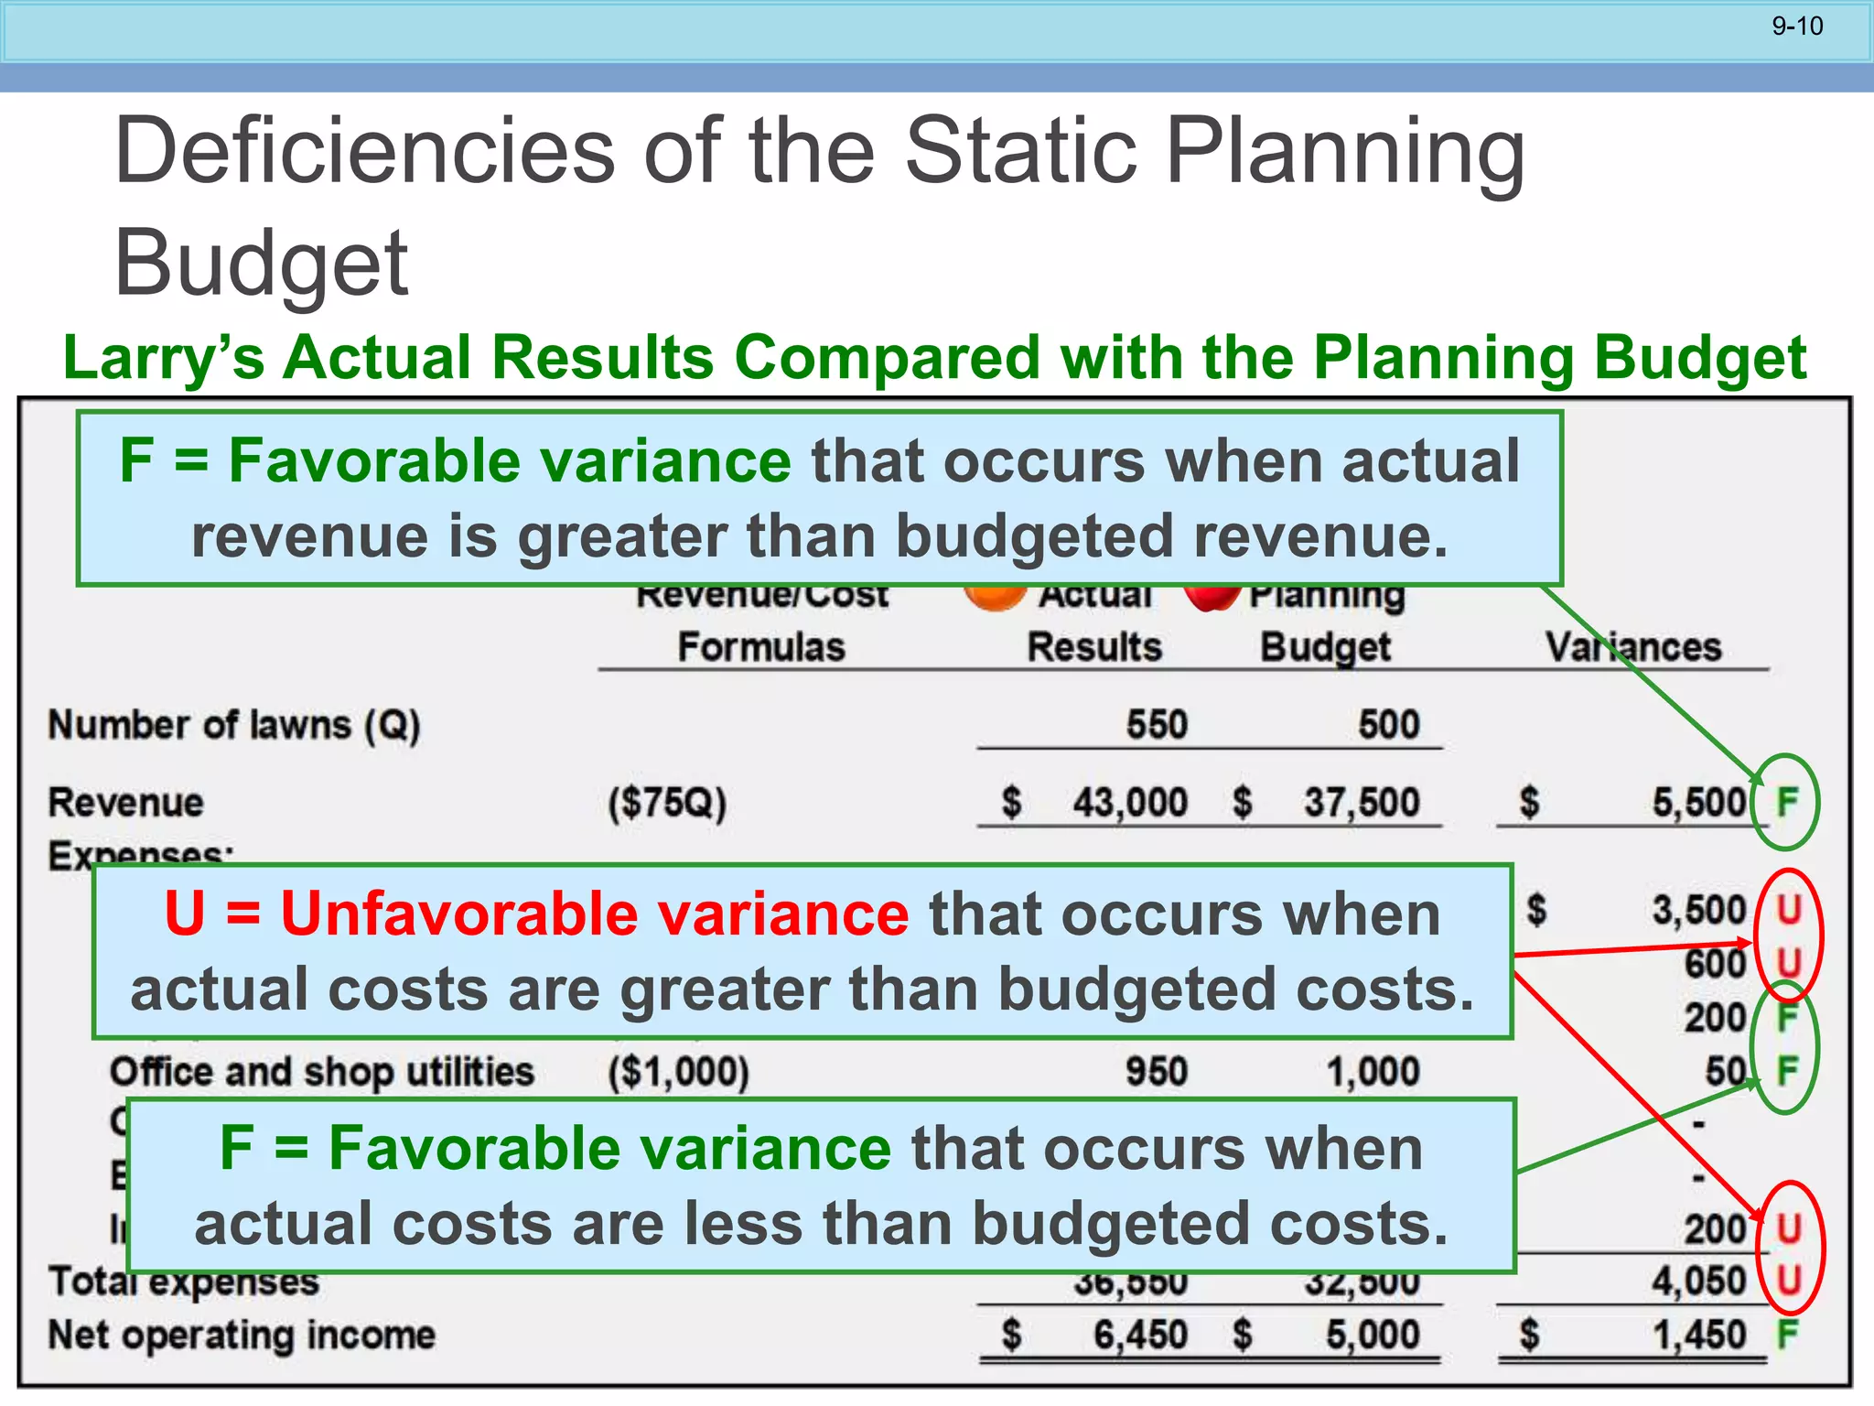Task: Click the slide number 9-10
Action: [x=1797, y=27]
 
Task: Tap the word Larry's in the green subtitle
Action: [x=164, y=357]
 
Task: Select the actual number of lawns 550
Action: [x=1156, y=725]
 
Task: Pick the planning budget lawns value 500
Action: [x=1388, y=725]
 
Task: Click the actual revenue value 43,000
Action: [x=1130, y=803]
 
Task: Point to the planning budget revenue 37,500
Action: [x=1362, y=803]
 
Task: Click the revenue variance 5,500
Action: [x=1699, y=803]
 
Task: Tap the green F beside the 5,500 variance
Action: [x=1786, y=803]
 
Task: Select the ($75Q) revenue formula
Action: [x=667, y=804]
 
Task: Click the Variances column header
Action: [x=1633, y=647]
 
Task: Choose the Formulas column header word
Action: [x=761, y=647]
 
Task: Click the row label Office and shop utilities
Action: [x=321, y=1072]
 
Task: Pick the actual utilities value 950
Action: [x=1157, y=1072]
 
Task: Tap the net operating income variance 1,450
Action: [x=1699, y=1336]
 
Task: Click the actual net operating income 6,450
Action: [x=1140, y=1336]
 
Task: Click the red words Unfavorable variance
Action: [x=536, y=914]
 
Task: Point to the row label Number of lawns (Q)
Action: [x=234, y=725]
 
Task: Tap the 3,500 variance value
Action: [x=1699, y=911]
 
